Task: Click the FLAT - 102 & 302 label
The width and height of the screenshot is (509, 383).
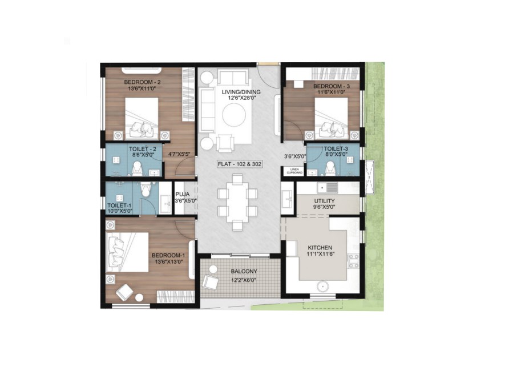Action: coord(240,164)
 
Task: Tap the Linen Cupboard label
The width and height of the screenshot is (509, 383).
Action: coord(295,171)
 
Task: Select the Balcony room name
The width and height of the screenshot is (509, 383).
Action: coord(244,271)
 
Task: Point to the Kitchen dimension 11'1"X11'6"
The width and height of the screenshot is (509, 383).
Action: coord(320,255)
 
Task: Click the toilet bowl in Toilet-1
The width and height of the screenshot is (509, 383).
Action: coord(146,190)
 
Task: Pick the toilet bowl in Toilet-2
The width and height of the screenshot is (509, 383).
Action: coord(137,168)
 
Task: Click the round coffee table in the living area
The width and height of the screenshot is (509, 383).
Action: coord(234,115)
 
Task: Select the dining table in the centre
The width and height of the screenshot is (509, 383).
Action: coord(237,203)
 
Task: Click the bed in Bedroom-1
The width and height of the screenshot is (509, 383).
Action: coord(127,252)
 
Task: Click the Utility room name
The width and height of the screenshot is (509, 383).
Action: coord(324,201)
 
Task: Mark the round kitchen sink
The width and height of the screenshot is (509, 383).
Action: coord(322,286)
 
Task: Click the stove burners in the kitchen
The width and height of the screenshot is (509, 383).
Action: coord(353,261)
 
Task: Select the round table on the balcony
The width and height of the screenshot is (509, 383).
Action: coord(213,269)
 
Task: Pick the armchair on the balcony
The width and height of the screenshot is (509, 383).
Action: coord(211,282)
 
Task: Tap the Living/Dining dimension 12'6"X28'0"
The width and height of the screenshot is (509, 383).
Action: coord(241,98)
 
